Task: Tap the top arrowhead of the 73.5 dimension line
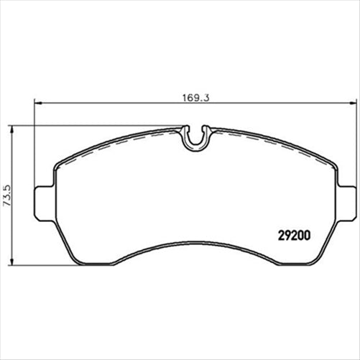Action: [14, 129]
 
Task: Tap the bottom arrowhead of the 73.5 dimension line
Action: [14, 262]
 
